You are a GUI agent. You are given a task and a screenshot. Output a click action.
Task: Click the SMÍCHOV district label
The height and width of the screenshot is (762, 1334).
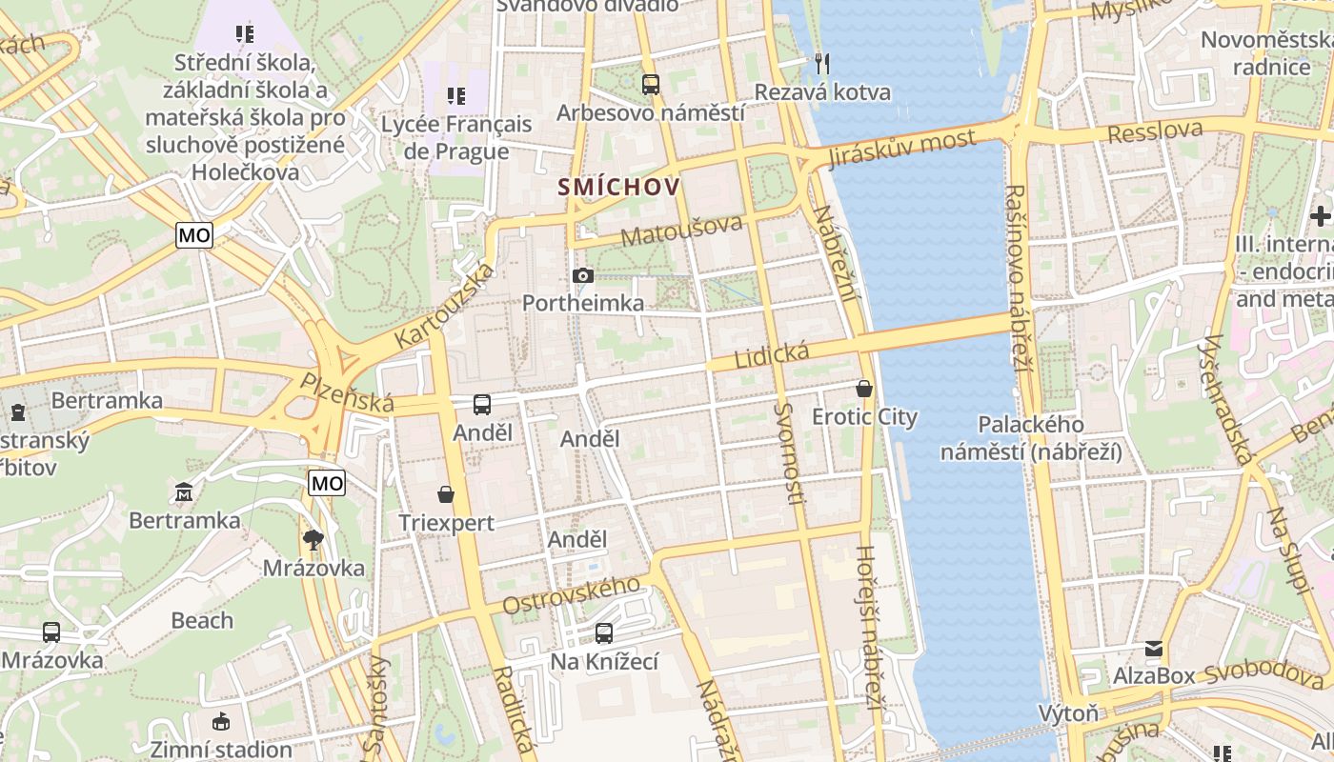619,187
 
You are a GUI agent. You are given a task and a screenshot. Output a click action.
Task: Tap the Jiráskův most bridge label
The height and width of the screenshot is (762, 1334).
902,149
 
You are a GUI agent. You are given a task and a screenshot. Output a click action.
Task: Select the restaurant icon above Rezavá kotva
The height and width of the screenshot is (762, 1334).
822,64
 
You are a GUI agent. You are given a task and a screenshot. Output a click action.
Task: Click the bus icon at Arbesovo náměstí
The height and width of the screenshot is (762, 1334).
651,85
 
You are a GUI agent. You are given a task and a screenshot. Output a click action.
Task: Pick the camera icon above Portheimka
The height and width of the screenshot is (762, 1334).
583,276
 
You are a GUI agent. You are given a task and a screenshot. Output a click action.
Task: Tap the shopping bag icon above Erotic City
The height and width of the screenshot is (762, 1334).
864,389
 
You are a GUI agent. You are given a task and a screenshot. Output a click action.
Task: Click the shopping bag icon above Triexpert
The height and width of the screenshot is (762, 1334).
446,494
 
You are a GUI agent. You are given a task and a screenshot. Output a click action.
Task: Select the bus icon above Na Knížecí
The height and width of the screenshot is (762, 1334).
604,632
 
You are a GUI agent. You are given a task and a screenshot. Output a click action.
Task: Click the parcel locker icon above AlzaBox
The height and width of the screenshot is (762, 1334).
1154,649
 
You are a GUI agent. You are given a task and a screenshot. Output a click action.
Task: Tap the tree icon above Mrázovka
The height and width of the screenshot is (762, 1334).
313,540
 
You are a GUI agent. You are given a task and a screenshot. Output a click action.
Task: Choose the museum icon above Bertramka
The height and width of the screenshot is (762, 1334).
184,492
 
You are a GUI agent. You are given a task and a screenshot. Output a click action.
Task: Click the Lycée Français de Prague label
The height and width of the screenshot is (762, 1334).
455,137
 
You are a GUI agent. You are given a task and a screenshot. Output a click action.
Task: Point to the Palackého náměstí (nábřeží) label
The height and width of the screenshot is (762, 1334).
1031,438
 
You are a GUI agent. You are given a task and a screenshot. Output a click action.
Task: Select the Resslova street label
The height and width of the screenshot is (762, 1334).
1156,130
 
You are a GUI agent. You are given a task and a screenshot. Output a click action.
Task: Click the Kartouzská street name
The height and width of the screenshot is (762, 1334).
445,305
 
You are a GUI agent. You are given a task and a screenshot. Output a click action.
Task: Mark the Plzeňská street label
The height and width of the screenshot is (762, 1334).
347,392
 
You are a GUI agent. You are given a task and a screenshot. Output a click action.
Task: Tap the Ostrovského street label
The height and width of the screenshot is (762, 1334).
571,595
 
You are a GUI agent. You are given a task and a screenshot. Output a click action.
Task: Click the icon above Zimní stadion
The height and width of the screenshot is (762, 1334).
221,721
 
